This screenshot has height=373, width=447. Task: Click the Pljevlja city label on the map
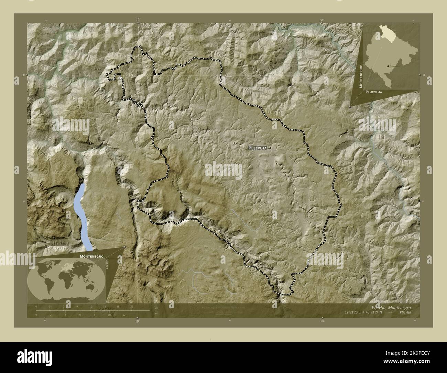[x=258, y=148]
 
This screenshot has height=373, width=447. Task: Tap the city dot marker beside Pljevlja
[x=270, y=148]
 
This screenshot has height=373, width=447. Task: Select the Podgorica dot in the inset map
[x=388, y=65]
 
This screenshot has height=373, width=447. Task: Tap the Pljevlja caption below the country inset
[x=373, y=93]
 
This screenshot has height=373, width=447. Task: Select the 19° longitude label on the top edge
[x=138, y=20]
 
